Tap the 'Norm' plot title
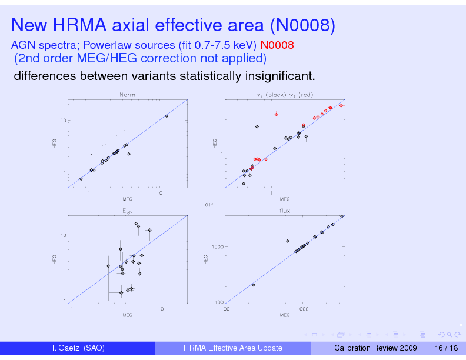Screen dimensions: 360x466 (x=127, y=95)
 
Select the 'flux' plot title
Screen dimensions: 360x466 (x=285, y=210)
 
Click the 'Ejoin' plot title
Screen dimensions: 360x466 (x=127, y=211)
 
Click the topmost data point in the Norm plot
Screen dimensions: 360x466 (x=167, y=116)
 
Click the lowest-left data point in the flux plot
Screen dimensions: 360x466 (x=254, y=285)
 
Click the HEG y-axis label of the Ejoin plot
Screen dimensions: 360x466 (x=55, y=258)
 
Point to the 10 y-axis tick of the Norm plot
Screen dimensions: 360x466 (x=62, y=121)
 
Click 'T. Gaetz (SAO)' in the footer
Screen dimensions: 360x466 (x=78, y=348)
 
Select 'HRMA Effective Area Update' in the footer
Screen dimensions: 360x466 (x=233, y=348)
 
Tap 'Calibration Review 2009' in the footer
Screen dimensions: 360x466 (x=375, y=348)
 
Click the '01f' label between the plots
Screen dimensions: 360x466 (x=209, y=205)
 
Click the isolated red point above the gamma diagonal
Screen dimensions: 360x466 (x=276, y=114)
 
